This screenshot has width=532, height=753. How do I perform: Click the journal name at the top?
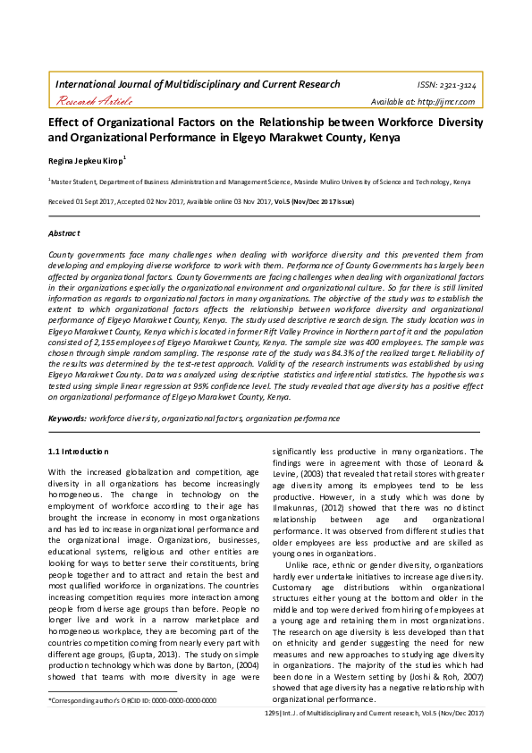point(198,84)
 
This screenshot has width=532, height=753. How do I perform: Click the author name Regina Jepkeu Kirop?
point(86,160)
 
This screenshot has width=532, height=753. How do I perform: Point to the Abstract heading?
point(63,233)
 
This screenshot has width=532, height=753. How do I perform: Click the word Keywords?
point(66,419)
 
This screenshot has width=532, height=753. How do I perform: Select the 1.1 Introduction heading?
point(78,452)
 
